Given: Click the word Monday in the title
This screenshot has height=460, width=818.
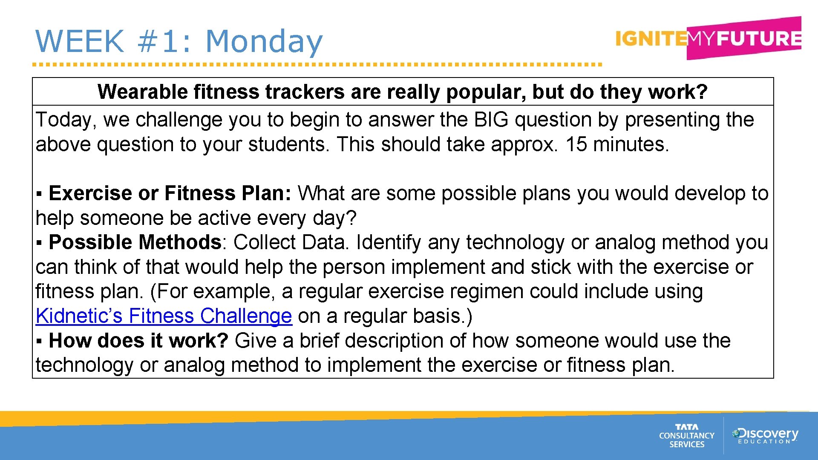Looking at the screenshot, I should coord(264,41).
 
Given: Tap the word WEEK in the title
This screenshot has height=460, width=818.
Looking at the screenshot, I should coord(80,41).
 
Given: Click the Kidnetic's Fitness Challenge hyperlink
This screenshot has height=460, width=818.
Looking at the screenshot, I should coord(164,316).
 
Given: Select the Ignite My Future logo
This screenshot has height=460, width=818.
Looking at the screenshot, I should coord(708,38).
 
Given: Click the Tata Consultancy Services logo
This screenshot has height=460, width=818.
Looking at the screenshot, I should coord(686,435).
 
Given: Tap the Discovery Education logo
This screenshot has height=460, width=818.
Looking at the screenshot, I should coord(765,435).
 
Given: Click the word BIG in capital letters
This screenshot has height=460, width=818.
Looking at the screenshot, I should coord(491,120).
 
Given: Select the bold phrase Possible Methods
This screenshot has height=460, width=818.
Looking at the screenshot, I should coord(135,242).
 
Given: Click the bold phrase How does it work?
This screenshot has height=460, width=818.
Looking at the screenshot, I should coord(138,341).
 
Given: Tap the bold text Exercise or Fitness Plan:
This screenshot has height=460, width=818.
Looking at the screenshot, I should coord(170,193).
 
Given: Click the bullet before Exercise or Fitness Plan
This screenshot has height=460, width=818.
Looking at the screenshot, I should coord(39,194).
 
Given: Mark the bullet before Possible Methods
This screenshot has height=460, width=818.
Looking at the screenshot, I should coord(39,243).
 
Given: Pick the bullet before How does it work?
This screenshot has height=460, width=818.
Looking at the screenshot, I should coord(39,342).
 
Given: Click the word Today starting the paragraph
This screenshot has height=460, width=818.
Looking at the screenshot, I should coord(63,120).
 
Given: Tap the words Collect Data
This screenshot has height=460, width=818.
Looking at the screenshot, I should coord(291,242).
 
